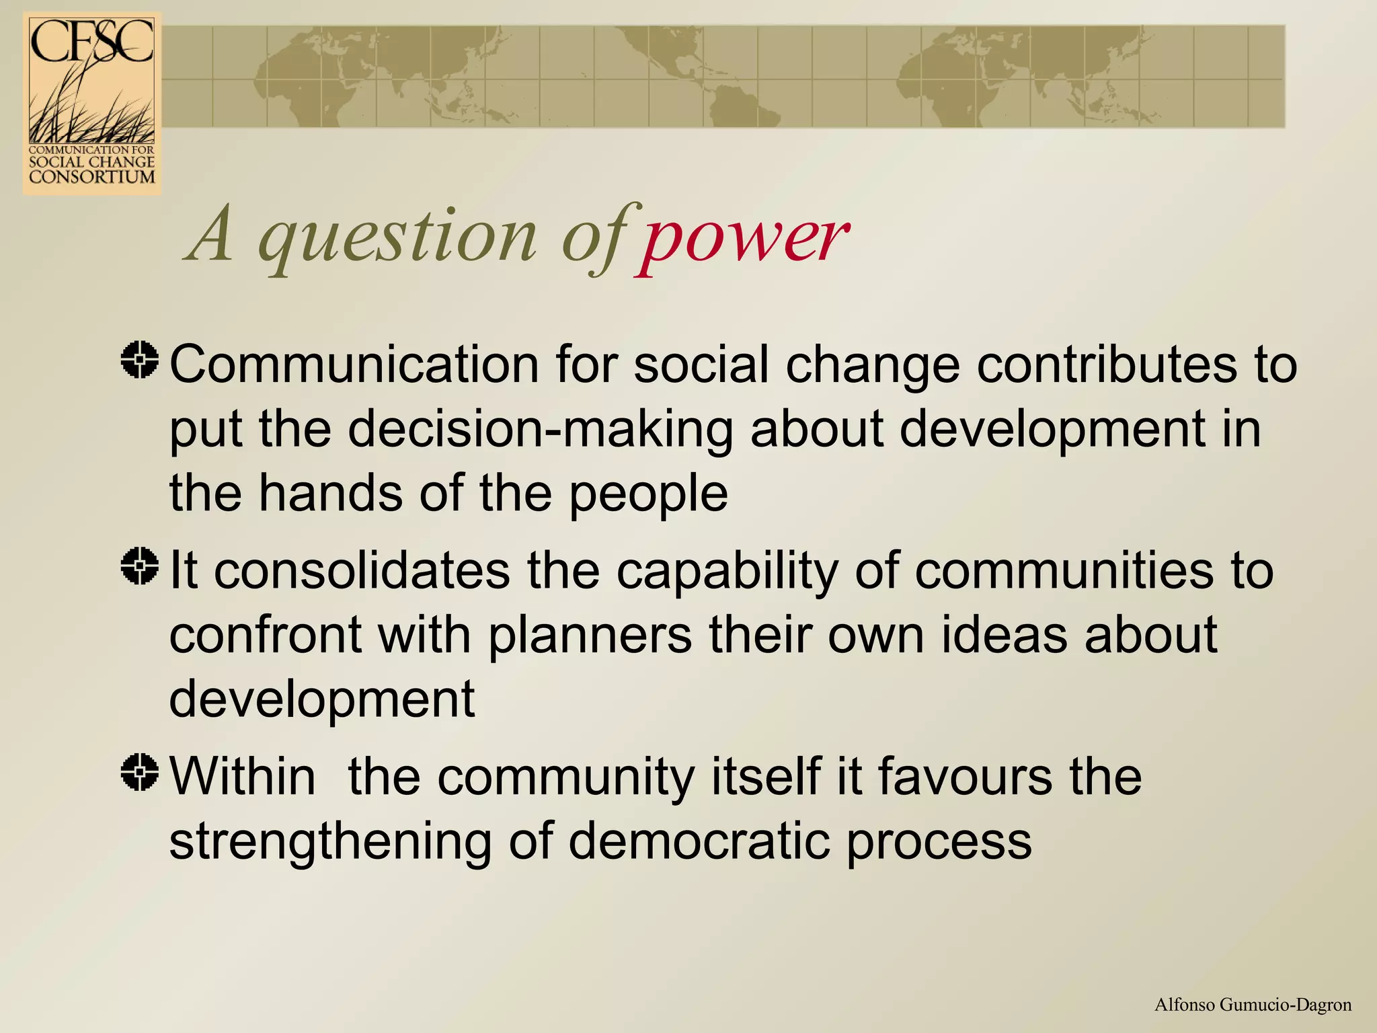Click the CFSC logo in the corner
coord(92,103)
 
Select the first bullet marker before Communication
coord(140,360)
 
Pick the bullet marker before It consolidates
coord(140,566)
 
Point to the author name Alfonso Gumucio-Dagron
coord(1253,1005)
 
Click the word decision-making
coord(540,429)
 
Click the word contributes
coord(1106,365)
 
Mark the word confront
coord(265,635)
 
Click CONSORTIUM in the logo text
coord(92,177)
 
